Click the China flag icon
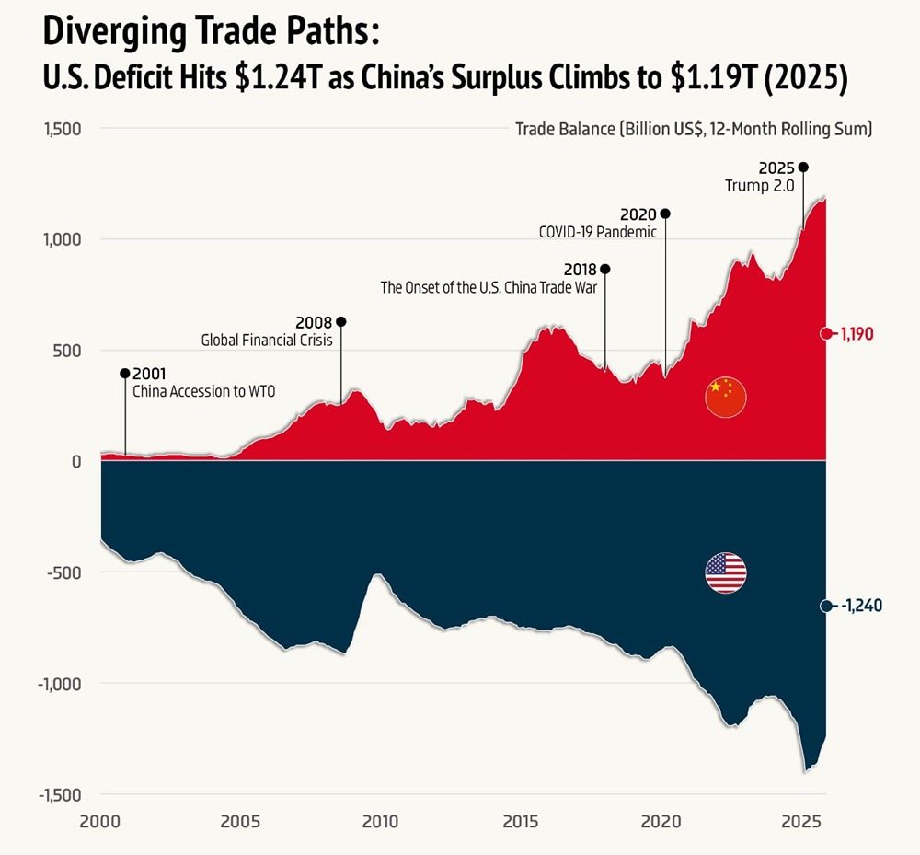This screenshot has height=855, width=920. (x=725, y=397)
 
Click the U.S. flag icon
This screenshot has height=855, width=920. (x=725, y=573)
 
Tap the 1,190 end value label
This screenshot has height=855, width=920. (x=857, y=334)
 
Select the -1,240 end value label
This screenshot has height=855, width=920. (x=862, y=607)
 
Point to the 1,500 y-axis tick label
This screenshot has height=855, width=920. (x=63, y=129)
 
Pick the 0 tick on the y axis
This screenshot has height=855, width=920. (x=77, y=461)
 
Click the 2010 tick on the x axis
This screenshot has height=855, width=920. (x=380, y=820)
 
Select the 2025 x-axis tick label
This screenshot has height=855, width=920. (x=800, y=820)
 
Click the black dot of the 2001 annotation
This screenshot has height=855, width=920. (x=125, y=373)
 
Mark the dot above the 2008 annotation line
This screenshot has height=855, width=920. (x=341, y=322)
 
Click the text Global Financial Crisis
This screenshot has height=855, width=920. (x=267, y=341)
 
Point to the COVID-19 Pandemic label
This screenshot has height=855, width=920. (x=598, y=232)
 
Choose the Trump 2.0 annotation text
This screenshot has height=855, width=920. (x=760, y=186)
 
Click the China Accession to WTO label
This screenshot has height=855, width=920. (x=204, y=391)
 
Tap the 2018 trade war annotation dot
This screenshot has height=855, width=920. (x=604, y=269)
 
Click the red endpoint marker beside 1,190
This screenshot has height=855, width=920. (x=826, y=333)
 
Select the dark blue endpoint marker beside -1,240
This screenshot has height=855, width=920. (x=826, y=606)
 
